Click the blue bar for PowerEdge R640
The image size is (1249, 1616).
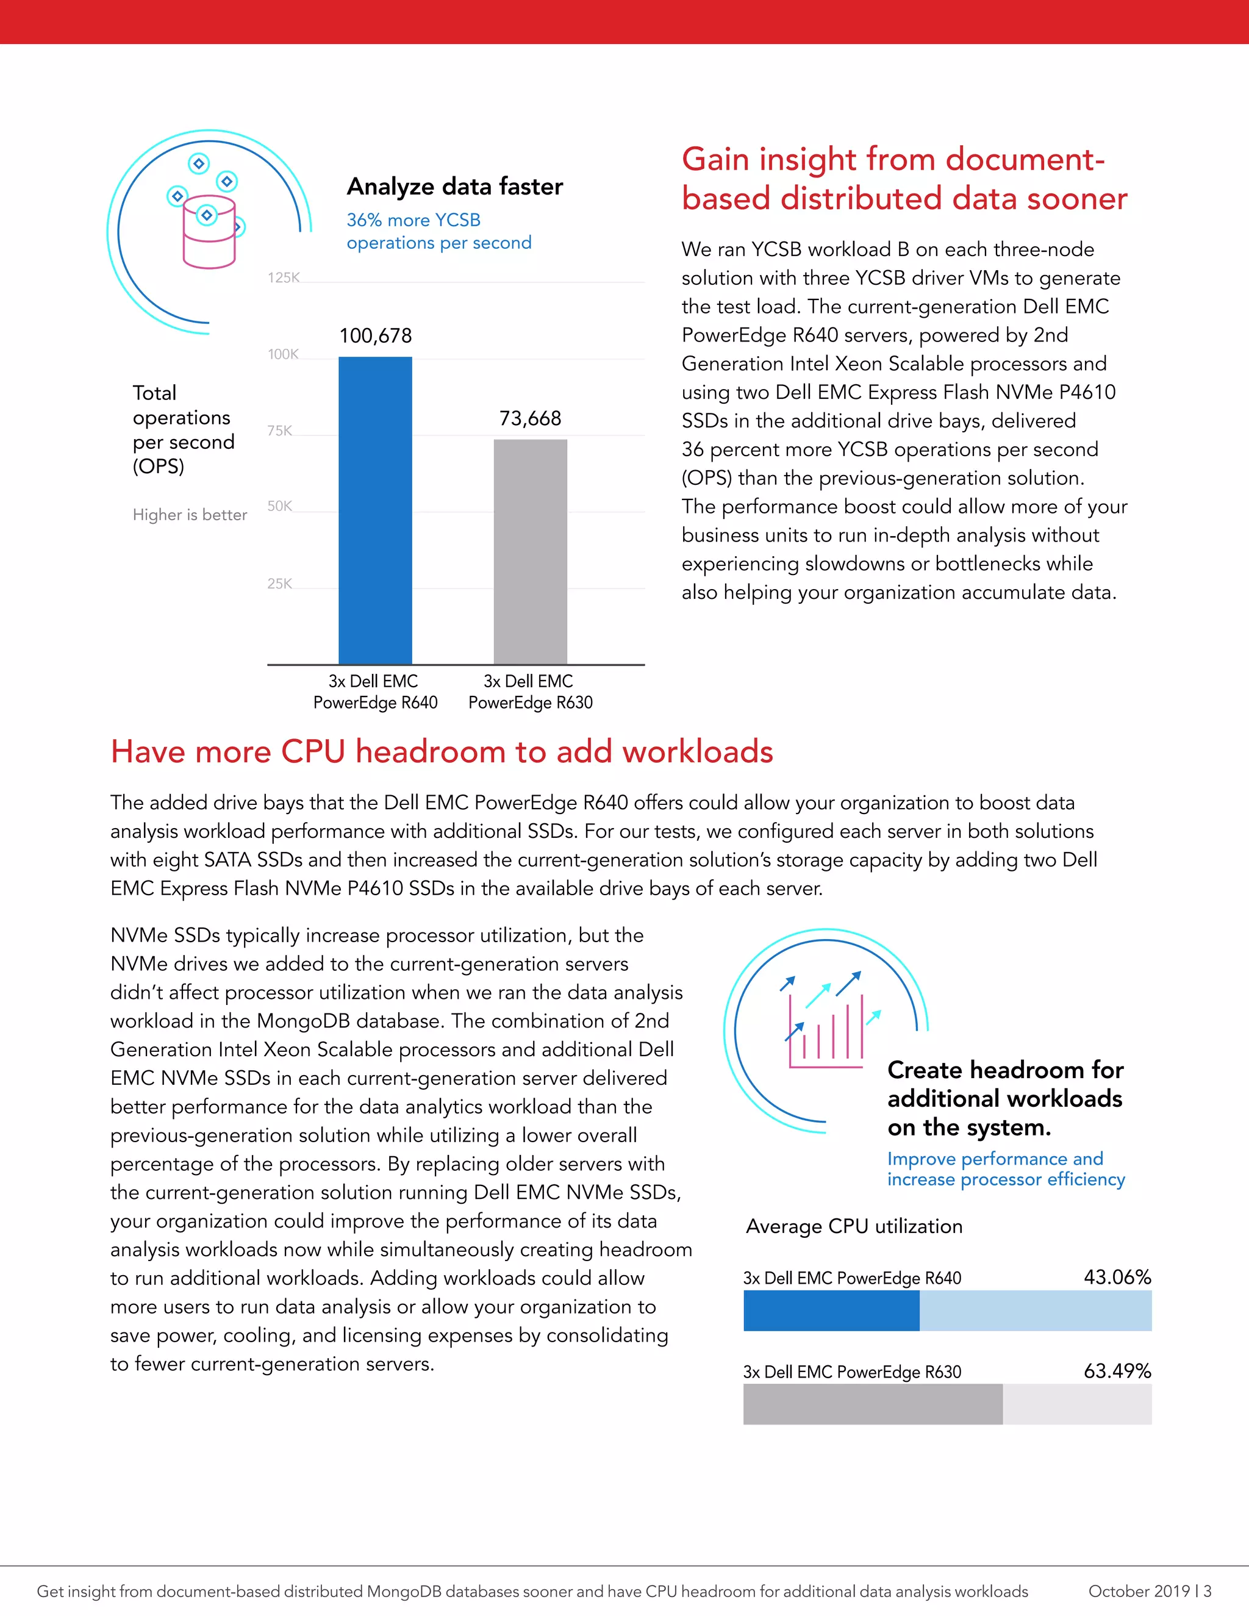[x=375, y=510]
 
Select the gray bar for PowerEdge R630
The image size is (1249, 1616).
[x=531, y=551]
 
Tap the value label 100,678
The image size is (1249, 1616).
[x=375, y=336]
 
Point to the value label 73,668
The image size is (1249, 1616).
[x=530, y=419]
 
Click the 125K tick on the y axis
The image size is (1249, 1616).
[x=284, y=277]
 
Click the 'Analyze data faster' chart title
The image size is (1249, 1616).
[x=454, y=187]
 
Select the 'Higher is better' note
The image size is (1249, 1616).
[x=190, y=515]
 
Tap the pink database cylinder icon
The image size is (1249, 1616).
[x=209, y=232]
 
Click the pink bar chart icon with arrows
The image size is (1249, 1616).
[x=826, y=1029]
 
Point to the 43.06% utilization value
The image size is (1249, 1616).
[x=1117, y=1277]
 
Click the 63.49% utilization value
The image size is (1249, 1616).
[x=1117, y=1371]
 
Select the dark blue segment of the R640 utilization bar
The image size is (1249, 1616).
[x=831, y=1310]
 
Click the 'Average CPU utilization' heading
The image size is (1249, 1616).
[x=854, y=1227]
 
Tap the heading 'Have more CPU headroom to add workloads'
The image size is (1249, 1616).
[x=442, y=752]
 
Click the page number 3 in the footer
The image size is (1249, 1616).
[x=1208, y=1592]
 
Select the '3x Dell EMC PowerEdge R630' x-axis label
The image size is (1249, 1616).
[x=530, y=692]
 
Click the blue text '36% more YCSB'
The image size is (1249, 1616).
[x=413, y=221]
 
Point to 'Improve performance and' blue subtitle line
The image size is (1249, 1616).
[x=995, y=1159]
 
